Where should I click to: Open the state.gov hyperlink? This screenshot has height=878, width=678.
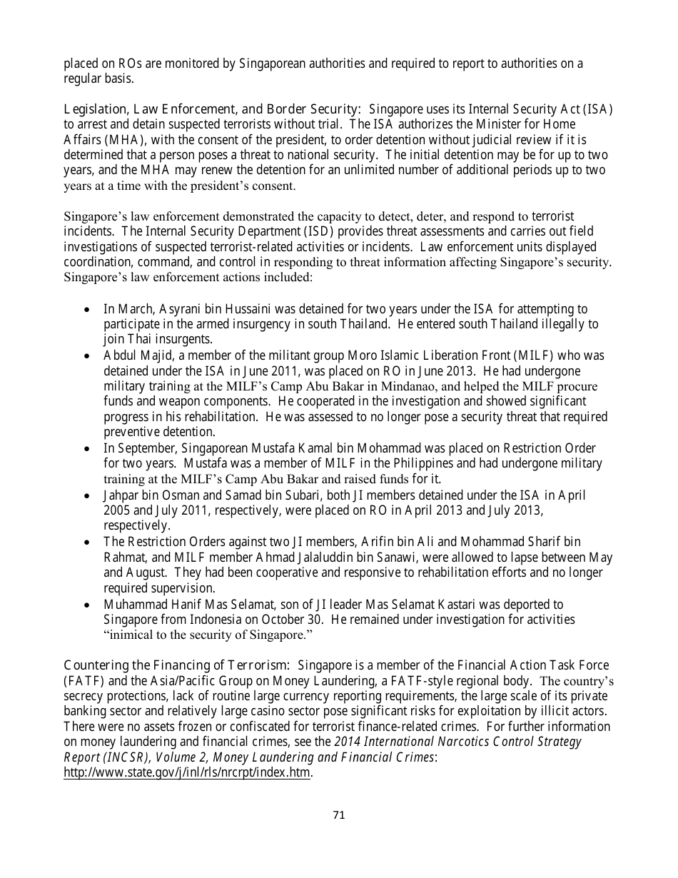click(188, 772)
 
